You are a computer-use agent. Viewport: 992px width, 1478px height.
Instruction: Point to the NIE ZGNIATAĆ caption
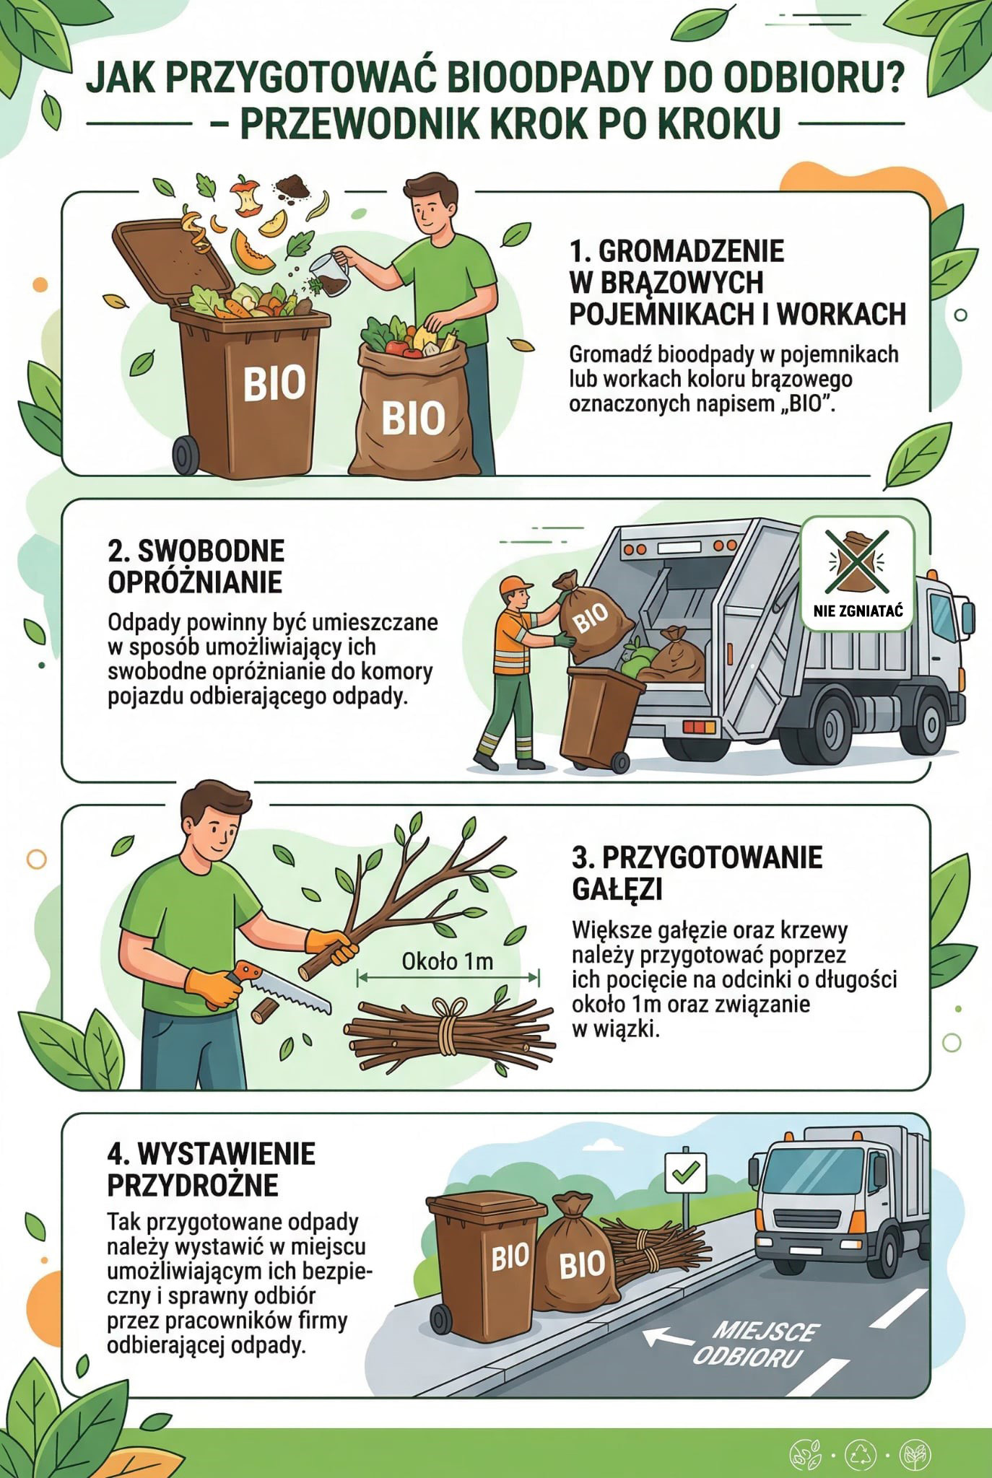858,611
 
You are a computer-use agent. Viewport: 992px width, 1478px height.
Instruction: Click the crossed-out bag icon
858,560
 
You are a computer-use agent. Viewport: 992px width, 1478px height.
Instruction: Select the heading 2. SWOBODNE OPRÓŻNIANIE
196,566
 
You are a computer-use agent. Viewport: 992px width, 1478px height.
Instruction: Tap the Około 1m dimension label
448,961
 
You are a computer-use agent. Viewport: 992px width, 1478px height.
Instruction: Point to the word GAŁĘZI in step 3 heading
617,889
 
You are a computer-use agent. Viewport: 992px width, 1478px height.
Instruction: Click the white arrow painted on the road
667,1337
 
